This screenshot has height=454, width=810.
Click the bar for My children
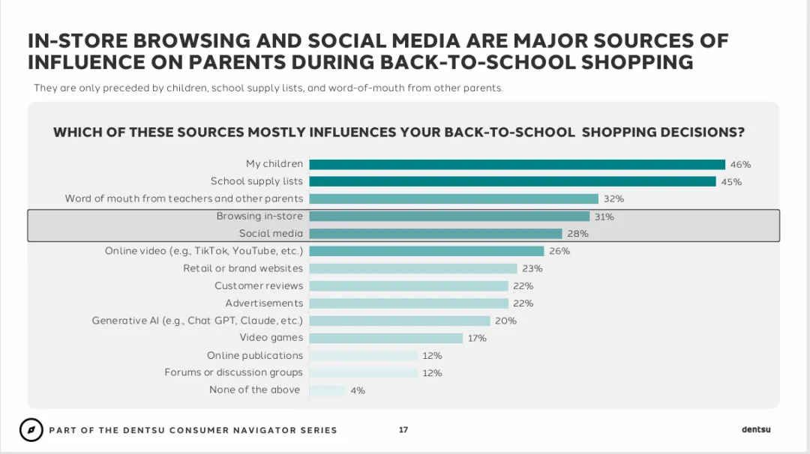[517, 165]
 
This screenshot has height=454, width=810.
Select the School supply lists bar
[512, 181]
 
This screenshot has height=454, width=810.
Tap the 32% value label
[613, 199]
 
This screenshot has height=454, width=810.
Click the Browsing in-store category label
[259, 217]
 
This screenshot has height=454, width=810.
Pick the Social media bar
[436, 234]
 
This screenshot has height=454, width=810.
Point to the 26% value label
[559, 251]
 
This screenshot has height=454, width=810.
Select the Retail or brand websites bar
[413, 268]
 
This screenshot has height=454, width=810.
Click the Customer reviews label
[259, 286]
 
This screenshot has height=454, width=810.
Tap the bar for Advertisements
[409, 303]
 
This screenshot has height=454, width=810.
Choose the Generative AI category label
[197, 321]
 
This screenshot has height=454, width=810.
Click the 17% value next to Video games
[477, 339]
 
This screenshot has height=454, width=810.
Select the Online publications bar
[363, 355]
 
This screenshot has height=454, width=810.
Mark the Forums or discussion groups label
[233, 372]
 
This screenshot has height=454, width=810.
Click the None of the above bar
[327, 390]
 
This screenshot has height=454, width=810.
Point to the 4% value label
[358, 390]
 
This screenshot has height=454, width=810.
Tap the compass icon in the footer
[31, 430]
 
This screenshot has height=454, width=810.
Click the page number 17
[403, 430]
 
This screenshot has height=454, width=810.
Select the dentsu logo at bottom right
[756, 429]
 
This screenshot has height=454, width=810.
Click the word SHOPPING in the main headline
[637, 62]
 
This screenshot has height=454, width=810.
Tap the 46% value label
[740, 165]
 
